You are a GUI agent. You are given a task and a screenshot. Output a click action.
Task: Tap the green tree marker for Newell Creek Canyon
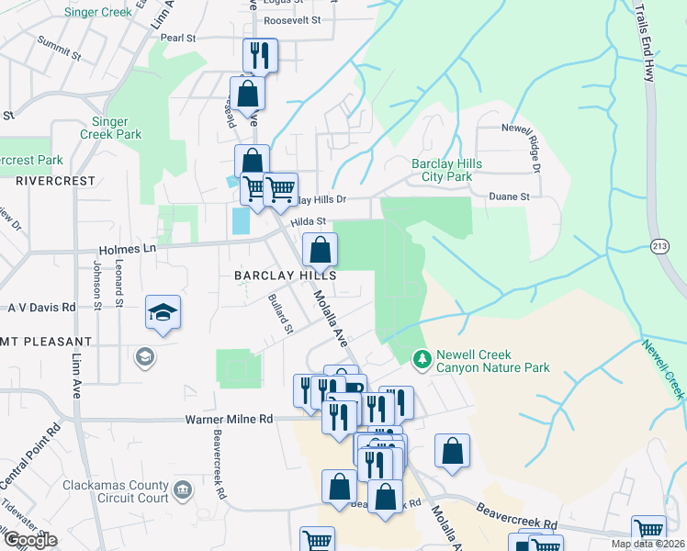pyautogui.click(x=422, y=357)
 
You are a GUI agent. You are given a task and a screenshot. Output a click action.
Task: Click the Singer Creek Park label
pyautogui.click(x=117, y=128)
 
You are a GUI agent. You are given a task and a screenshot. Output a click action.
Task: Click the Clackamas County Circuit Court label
pyautogui.click(x=117, y=491)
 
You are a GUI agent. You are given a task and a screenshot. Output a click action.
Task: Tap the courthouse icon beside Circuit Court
pyautogui.click(x=182, y=489)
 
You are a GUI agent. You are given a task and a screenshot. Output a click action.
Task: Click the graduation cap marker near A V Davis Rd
pyautogui.click(x=163, y=312)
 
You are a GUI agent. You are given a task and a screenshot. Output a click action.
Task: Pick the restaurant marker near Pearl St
pyautogui.click(x=261, y=56)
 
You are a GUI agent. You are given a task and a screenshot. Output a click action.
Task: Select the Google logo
pyautogui.click(x=30, y=540)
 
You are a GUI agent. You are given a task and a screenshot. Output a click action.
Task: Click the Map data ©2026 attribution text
pyautogui.click(x=648, y=544)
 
